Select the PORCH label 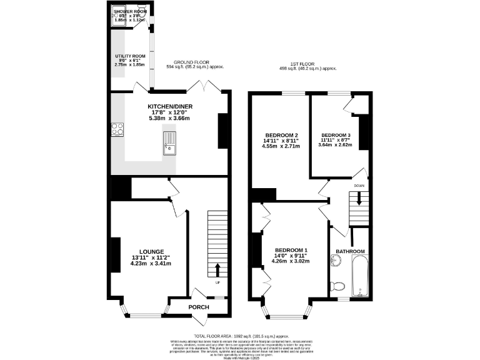pyautogui.click(x=198, y=307)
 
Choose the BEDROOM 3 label pyautogui.click(x=336, y=135)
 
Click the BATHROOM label pyautogui.click(x=350, y=251)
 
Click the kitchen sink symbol pyautogui.click(x=169, y=144)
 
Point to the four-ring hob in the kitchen pyautogui.click(x=117, y=129)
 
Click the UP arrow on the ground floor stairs pyautogui.click(x=217, y=271)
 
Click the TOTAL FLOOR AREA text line pyautogui.click(x=239, y=336)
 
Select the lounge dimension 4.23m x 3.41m pyautogui.click(x=151, y=264)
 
